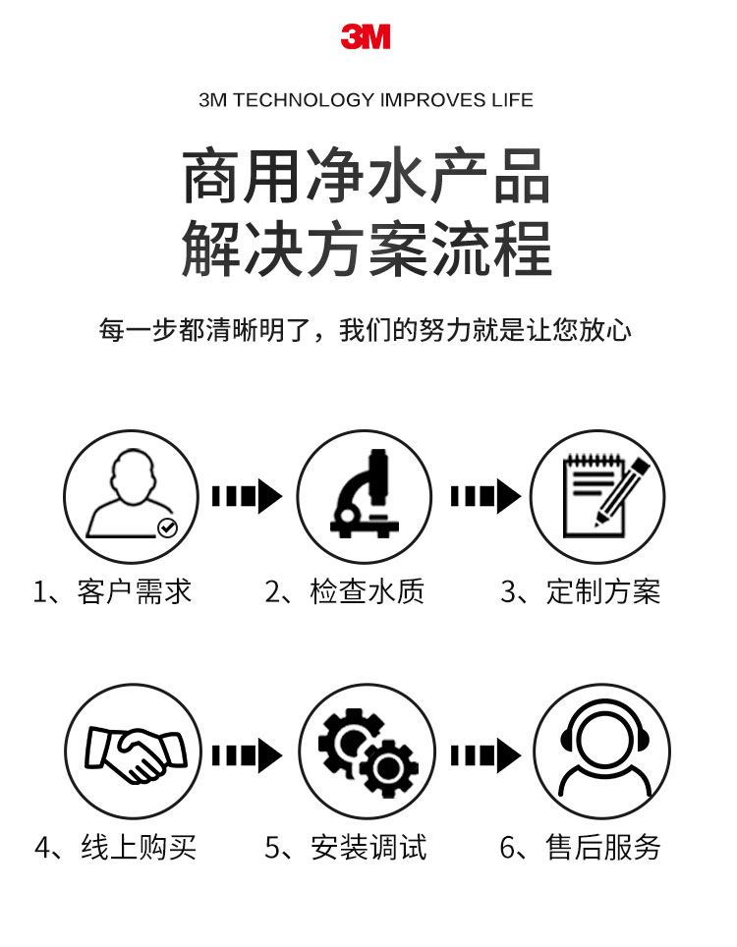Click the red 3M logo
click(x=366, y=37)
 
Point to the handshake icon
click(x=131, y=753)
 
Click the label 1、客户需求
click(x=112, y=591)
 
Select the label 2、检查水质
click(x=345, y=591)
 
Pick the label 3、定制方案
click(x=581, y=591)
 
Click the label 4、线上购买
click(x=115, y=847)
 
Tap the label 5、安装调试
click(x=346, y=847)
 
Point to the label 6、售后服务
click(x=581, y=847)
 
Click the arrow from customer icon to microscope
click(x=247, y=495)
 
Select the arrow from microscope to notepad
click(x=484, y=495)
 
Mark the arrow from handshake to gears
click(x=247, y=754)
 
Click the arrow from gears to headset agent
click(x=484, y=754)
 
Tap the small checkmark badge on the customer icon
click(x=168, y=528)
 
